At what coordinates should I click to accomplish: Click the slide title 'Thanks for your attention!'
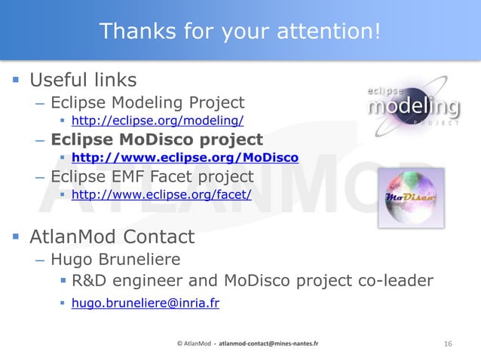pos(240,31)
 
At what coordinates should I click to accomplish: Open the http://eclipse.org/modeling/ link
pos(158,121)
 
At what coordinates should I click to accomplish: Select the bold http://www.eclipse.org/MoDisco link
pos(185,157)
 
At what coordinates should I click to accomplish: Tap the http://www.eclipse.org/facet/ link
pos(161,195)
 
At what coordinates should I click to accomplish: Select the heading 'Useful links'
pos(83,80)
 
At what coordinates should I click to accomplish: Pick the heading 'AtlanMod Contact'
pos(112,237)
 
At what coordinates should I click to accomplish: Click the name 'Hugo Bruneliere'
pos(115,260)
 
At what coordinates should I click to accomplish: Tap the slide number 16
pos(448,344)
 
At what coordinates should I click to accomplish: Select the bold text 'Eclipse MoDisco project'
pos(157,139)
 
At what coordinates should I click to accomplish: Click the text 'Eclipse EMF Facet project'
pos(152,177)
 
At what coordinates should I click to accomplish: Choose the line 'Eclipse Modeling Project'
pos(148,102)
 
